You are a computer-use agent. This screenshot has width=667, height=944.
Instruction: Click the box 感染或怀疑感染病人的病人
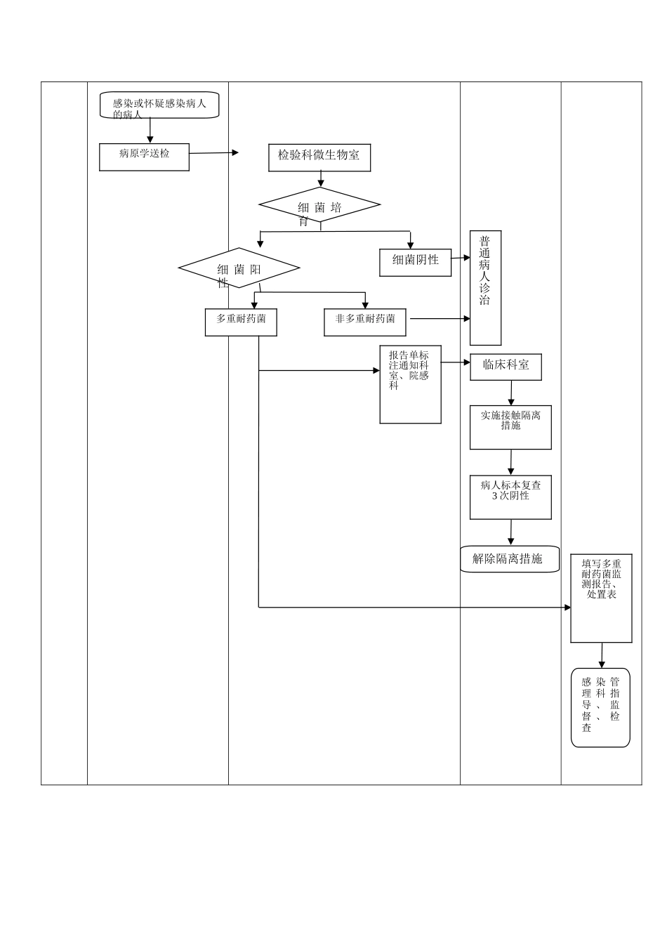coord(159,105)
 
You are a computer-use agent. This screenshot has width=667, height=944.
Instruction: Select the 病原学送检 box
coord(144,157)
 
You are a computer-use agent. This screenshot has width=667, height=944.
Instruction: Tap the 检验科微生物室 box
coord(319,158)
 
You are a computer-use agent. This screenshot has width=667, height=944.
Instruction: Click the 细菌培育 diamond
coord(319,205)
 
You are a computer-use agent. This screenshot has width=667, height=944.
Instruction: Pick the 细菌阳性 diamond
coord(239,268)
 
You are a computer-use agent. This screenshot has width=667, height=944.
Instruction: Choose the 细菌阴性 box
coord(415,262)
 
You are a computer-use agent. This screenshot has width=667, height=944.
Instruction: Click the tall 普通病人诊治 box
coord(485,288)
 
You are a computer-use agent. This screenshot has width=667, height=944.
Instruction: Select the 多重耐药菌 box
coord(241,322)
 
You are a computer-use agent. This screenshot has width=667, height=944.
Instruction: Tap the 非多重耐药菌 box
coord(364,322)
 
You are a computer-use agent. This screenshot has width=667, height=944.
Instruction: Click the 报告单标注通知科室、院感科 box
coord(410,384)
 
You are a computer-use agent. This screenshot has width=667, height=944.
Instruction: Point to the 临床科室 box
coord(506,367)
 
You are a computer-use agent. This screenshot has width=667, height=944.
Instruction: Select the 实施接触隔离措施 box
coord(510,427)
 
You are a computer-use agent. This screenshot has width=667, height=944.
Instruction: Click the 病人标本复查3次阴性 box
coord(510,497)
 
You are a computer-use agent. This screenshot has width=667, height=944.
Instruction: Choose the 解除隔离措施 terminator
coord(510,559)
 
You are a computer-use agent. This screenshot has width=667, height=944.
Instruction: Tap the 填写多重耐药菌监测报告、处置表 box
coord(601,598)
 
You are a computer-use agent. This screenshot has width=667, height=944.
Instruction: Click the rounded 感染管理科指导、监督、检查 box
coord(600,707)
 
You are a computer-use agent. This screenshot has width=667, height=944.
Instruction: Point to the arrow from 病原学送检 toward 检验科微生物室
coord(213,153)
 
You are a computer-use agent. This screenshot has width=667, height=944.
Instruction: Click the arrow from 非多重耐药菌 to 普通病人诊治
coord(439,319)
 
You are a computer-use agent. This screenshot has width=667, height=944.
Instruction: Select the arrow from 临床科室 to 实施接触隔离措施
coord(511,393)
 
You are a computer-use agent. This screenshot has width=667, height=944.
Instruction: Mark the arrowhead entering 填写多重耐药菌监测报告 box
coord(567,608)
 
